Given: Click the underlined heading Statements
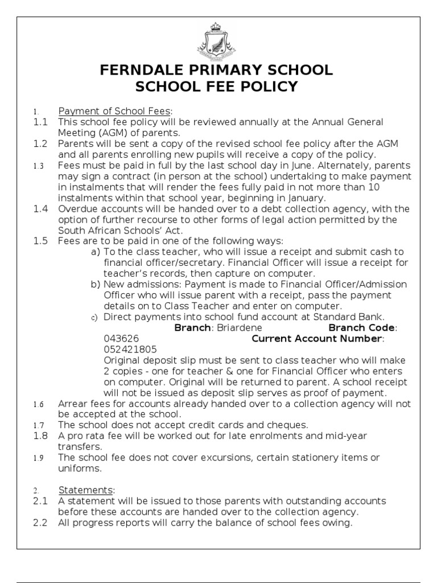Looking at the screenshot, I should (x=85, y=490).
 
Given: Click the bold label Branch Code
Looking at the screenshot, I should (x=361, y=327).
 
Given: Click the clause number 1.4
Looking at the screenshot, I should (x=40, y=209).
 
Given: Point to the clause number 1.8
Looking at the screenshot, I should (x=40, y=436).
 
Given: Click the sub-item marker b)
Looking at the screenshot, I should (x=95, y=284).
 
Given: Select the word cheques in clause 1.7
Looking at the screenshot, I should (x=287, y=425).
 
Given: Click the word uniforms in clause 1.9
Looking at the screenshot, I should (x=80, y=468).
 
